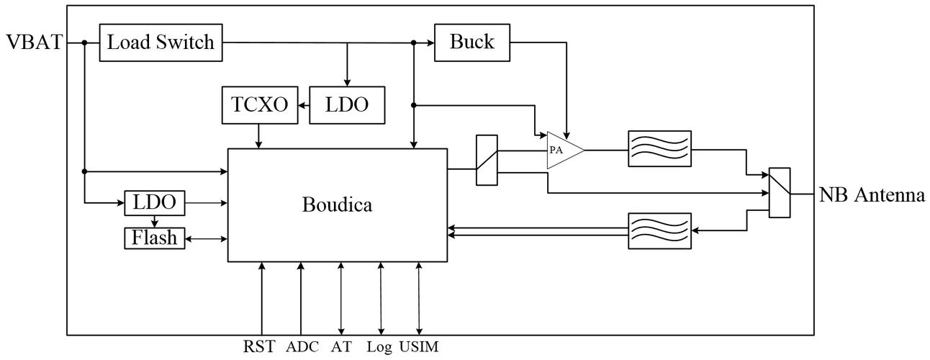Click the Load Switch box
tap(161, 42)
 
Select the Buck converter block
tap(472, 42)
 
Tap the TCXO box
tap(260, 105)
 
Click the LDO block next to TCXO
tap(347, 105)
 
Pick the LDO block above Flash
tap(155, 203)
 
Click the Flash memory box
tap(155, 237)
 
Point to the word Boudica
tap(338, 205)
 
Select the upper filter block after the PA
tap(659, 150)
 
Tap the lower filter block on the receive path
tap(659, 230)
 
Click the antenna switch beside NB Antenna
tap(780, 192)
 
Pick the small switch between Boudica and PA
tap(487, 161)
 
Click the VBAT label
tap(33, 42)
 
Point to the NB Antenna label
tap(872, 194)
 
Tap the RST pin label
tap(259, 347)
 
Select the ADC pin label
tap(302, 347)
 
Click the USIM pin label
tap(417, 347)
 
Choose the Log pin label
tap(379, 347)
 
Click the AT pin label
tap(340, 347)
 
